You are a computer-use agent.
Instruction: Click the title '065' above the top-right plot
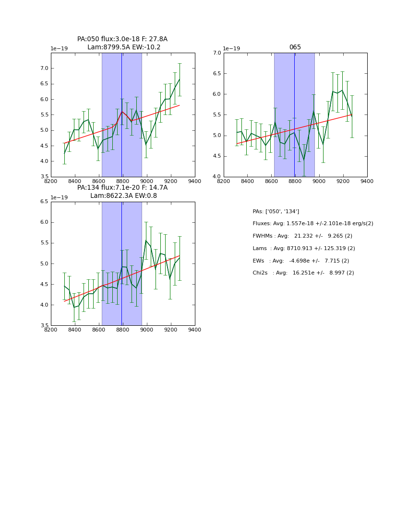[x=295, y=47]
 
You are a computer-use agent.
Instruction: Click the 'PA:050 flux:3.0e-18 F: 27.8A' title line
[x=122, y=39]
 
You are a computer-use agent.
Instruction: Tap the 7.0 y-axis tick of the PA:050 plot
[x=44, y=69]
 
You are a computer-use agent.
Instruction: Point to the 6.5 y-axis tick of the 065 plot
[x=216, y=74]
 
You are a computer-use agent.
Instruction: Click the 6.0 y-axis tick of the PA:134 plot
[x=44, y=222]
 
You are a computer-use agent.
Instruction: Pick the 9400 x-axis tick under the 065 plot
[x=367, y=181]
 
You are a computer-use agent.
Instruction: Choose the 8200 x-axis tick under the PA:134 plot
[x=50, y=330]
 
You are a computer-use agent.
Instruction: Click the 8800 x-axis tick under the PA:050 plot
[x=122, y=181]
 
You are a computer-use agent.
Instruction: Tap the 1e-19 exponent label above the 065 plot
[x=231, y=49]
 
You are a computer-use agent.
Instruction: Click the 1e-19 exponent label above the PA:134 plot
[x=59, y=198]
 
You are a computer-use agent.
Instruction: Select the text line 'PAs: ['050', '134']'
[x=276, y=211]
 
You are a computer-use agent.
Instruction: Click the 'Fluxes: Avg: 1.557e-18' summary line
[x=312, y=224]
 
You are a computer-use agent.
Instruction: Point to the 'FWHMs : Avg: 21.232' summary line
[x=302, y=236]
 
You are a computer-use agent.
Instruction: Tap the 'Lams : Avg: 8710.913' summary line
[x=303, y=249]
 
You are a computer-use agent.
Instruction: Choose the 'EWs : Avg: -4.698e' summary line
[x=300, y=261]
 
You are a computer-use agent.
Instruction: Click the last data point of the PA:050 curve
[x=180, y=80]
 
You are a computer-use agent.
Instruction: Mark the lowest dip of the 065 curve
[x=303, y=160]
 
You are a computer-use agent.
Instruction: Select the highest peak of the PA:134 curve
[x=146, y=240]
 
